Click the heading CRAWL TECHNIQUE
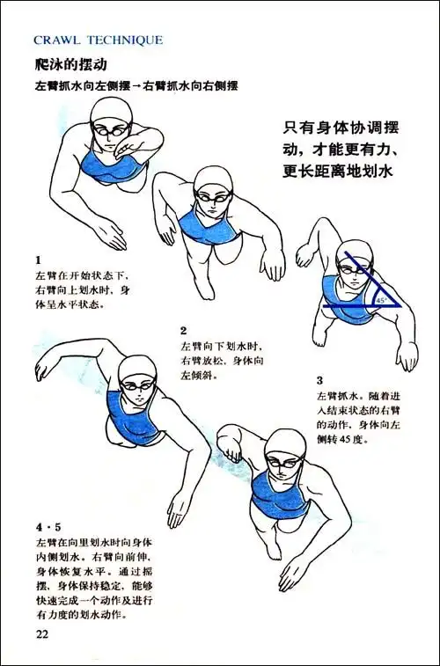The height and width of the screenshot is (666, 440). tap(98, 40)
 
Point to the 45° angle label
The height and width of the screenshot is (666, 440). tap(380, 300)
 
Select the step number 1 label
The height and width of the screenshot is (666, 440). tap(39, 260)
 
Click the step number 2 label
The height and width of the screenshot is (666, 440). tap(184, 331)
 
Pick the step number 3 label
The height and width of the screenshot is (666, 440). tap(319, 381)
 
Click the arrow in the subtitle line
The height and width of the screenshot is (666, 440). tap(136, 87)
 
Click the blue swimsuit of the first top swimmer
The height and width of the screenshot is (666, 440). tap(104, 165)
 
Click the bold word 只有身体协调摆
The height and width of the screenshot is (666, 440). tap(336, 128)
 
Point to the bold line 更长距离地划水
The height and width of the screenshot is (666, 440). tap(336, 172)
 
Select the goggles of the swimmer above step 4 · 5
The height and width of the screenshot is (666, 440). tap(136, 384)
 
